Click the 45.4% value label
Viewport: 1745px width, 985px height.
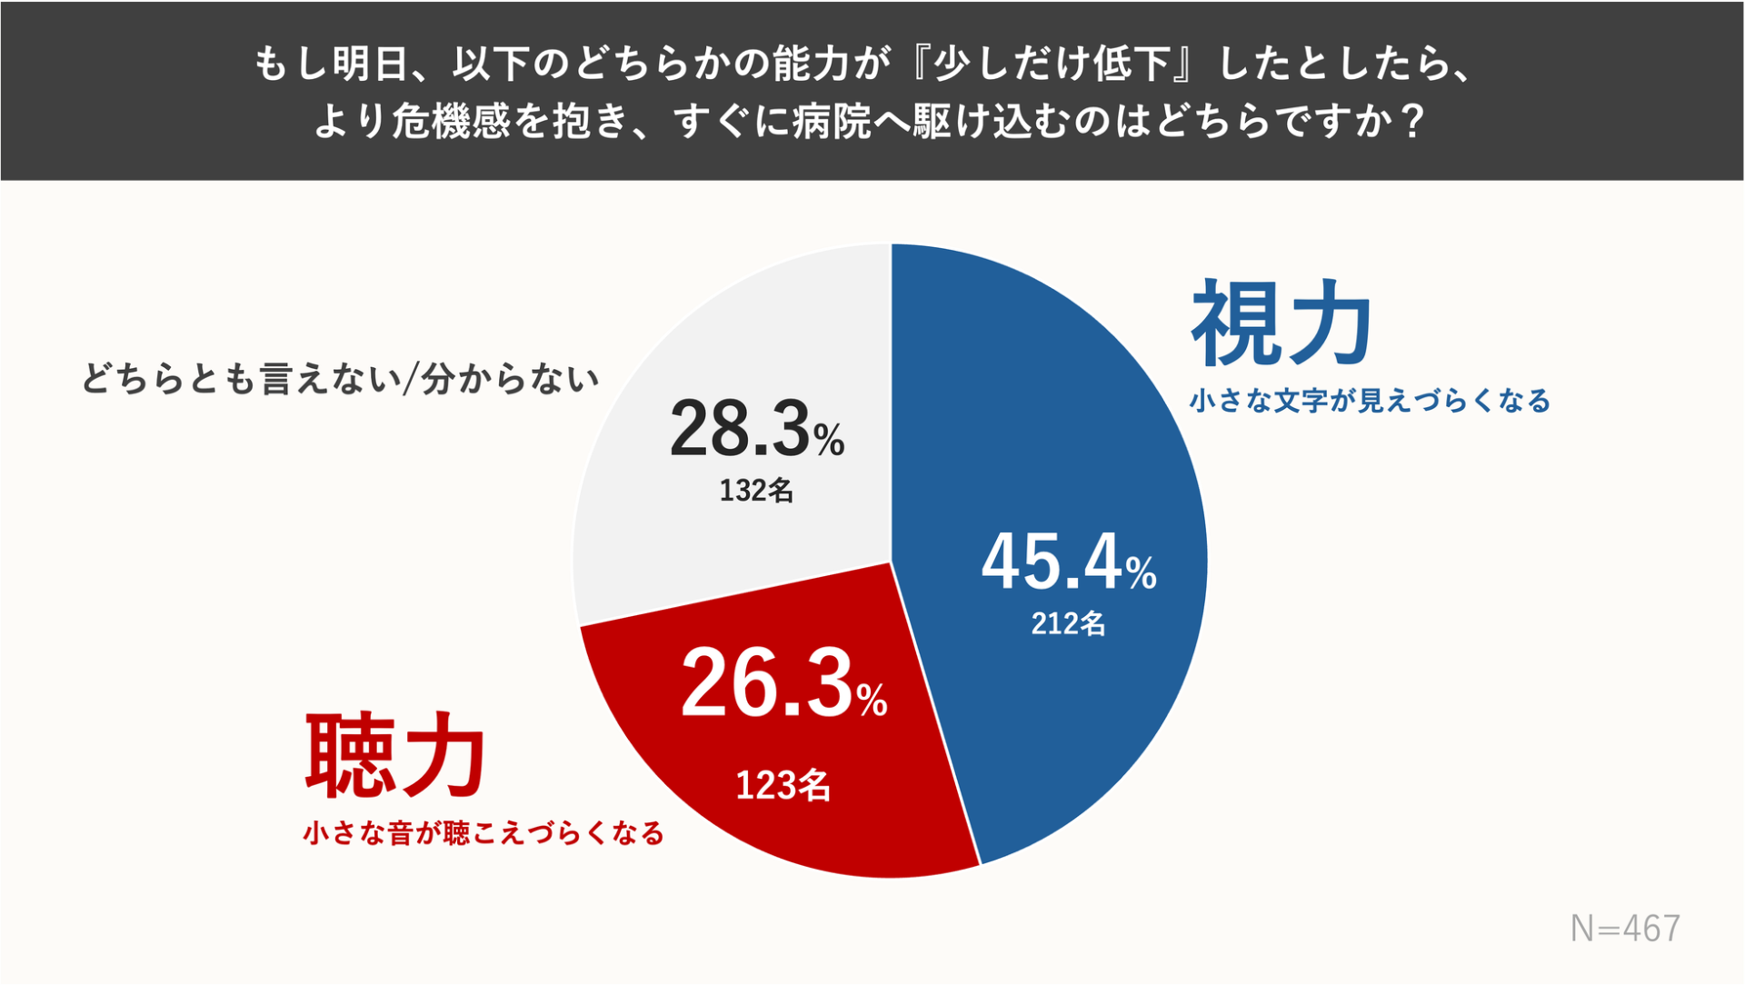(x=1068, y=562)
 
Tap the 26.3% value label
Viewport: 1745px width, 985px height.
(x=783, y=685)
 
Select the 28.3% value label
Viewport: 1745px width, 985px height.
(x=756, y=430)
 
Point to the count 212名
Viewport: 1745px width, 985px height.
(x=1068, y=623)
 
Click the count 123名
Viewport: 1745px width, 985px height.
(x=783, y=785)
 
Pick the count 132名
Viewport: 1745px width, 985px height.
(x=756, y=491)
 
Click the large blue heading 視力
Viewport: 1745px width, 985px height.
(x=1281, y=323)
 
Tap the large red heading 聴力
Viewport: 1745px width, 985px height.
(x=395, y=756)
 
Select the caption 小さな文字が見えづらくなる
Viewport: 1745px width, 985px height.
(x=1370, y=401)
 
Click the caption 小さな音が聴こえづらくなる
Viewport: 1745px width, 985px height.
(x=484, y=833)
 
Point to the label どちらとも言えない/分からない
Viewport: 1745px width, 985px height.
(x=341, y=379)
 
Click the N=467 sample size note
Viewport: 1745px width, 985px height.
(x=1625, y=929)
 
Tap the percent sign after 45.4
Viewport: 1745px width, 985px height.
(x=1141, y=573)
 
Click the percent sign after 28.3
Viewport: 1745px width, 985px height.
(x=828, y=441)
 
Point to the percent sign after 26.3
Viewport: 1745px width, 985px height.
(x=871, y=701)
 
